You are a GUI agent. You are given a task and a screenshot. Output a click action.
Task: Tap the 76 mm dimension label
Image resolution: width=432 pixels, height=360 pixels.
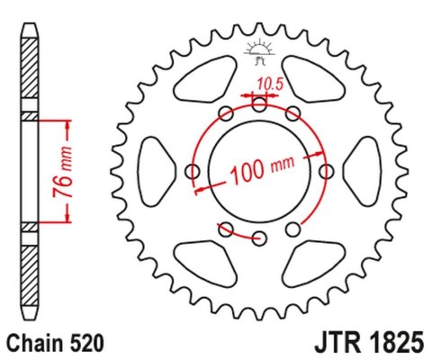pyautogui.click(x=57, y=168)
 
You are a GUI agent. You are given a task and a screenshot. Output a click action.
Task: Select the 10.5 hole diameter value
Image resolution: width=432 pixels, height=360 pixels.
pyautogui.click(x=266, y=85)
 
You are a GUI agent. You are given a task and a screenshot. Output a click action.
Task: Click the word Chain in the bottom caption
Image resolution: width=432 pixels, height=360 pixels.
pyautogui.click(x=34, y=343)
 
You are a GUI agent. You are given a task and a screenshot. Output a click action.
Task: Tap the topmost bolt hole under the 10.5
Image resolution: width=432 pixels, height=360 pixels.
pyautogui.click(x=259, y=103)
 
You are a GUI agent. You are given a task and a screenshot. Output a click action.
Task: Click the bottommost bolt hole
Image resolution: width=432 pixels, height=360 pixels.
pyautogui.click(x=259, y=238)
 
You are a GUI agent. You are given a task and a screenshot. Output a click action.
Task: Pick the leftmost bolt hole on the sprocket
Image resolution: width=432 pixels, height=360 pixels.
pyautogui.click(x=192, y=171)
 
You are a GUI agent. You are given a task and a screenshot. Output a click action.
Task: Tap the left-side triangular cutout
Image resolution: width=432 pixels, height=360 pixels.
pyautogui.click(x=156, y=171)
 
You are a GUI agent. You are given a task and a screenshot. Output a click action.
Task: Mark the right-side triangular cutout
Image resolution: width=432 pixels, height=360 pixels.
pyautogui.click(x=362, y=171)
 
